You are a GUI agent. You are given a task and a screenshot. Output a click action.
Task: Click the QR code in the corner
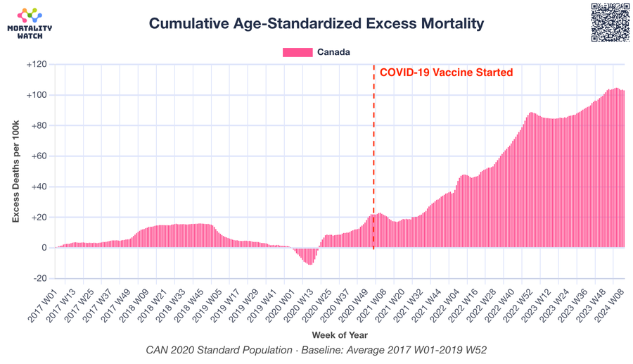[610, 23]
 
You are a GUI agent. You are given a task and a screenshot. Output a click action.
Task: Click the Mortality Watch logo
[30, 23]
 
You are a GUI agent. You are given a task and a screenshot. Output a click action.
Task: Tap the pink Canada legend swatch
[298, 52]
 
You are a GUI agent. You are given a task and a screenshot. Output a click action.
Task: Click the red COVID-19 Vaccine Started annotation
[446, 73]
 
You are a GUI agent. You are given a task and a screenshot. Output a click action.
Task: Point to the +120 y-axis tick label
[37, 64]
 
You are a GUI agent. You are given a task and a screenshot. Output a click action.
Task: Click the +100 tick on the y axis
[37, 95]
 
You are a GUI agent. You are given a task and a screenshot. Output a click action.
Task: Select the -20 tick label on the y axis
[39, 278]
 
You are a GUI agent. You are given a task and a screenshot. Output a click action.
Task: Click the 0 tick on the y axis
[44, 248]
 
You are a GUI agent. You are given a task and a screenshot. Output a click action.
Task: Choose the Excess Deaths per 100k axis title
[15, 171]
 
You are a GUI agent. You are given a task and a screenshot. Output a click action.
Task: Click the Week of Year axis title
[340, 335]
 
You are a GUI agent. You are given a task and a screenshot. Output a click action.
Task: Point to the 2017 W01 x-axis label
[43, 305]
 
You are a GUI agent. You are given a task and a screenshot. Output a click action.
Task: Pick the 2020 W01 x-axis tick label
[281, 305]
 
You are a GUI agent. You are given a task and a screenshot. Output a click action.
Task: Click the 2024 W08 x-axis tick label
[609, 305]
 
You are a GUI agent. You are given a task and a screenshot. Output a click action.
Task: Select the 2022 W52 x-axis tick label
[518, 305]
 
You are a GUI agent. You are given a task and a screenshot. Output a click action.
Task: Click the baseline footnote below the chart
[316, 350]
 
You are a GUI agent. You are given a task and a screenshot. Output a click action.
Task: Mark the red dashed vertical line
[373, 157]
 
